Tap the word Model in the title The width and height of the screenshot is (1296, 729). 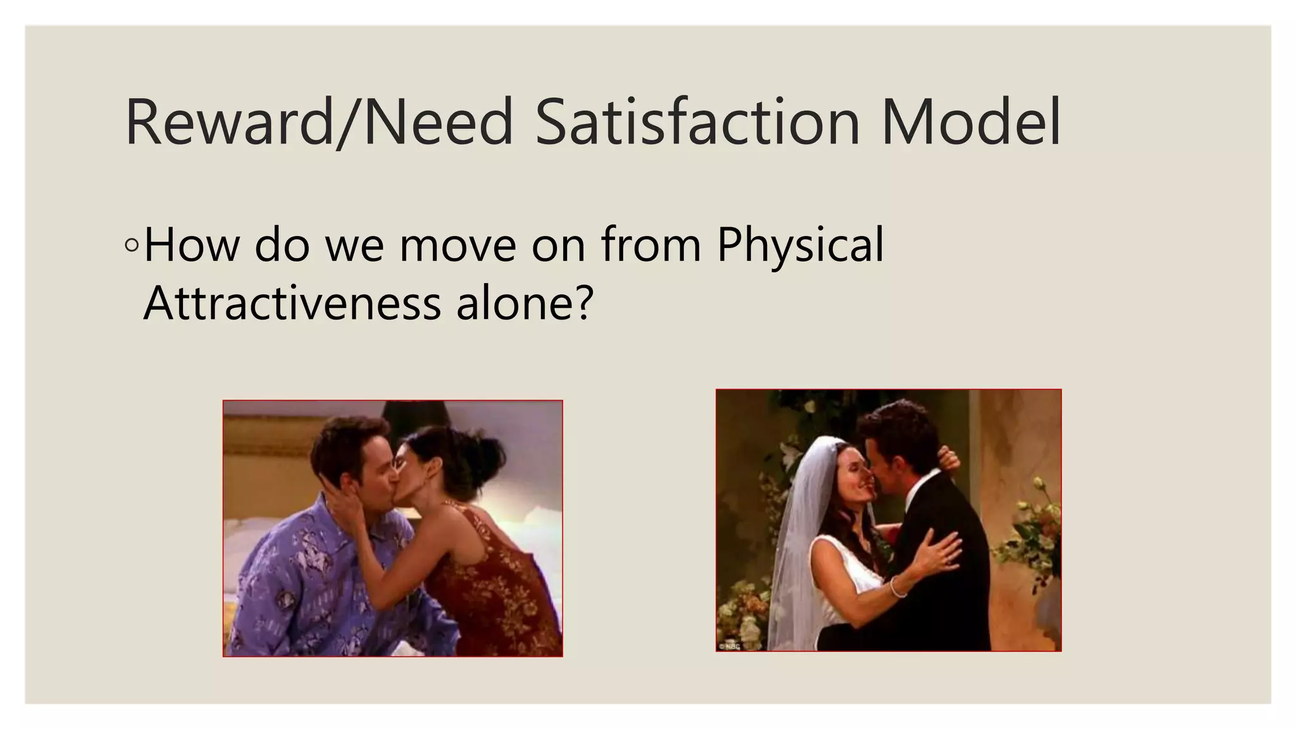[970, 121]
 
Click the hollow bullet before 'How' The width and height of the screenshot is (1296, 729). [132, 246]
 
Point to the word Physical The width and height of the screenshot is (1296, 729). [800, 246]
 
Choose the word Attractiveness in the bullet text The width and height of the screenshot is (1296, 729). [292, 303]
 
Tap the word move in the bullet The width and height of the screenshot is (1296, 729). [458, 246]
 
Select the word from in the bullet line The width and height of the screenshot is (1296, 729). [651, 246]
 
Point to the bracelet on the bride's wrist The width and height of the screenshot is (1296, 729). [897, 587]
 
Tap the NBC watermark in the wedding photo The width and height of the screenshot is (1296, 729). [729, 645]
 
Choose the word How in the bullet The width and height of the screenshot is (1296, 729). [191, 246]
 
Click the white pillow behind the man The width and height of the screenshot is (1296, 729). [253, 538]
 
